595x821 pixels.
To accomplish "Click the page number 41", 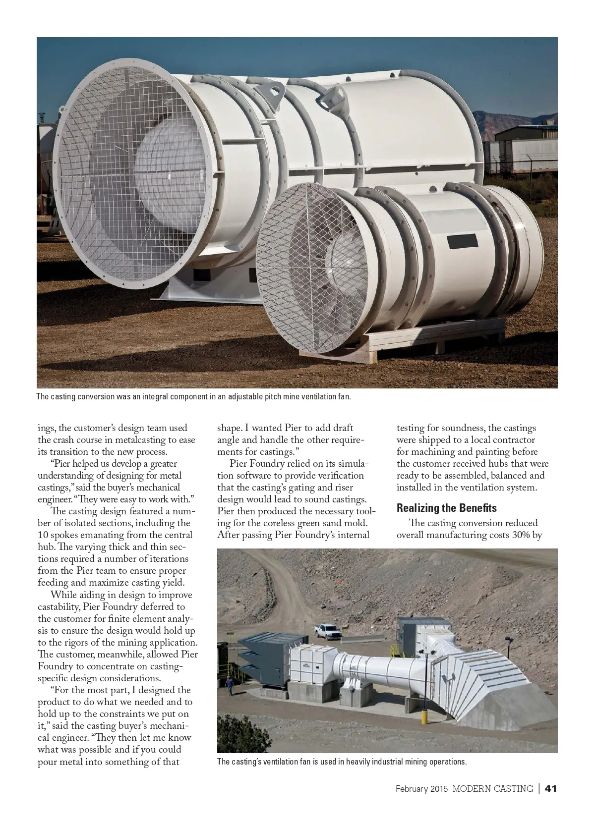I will (x=551, y=788).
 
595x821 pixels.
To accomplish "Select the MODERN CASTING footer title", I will (x=492, y=789).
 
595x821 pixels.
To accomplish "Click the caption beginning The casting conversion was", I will (x=193, y=397).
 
